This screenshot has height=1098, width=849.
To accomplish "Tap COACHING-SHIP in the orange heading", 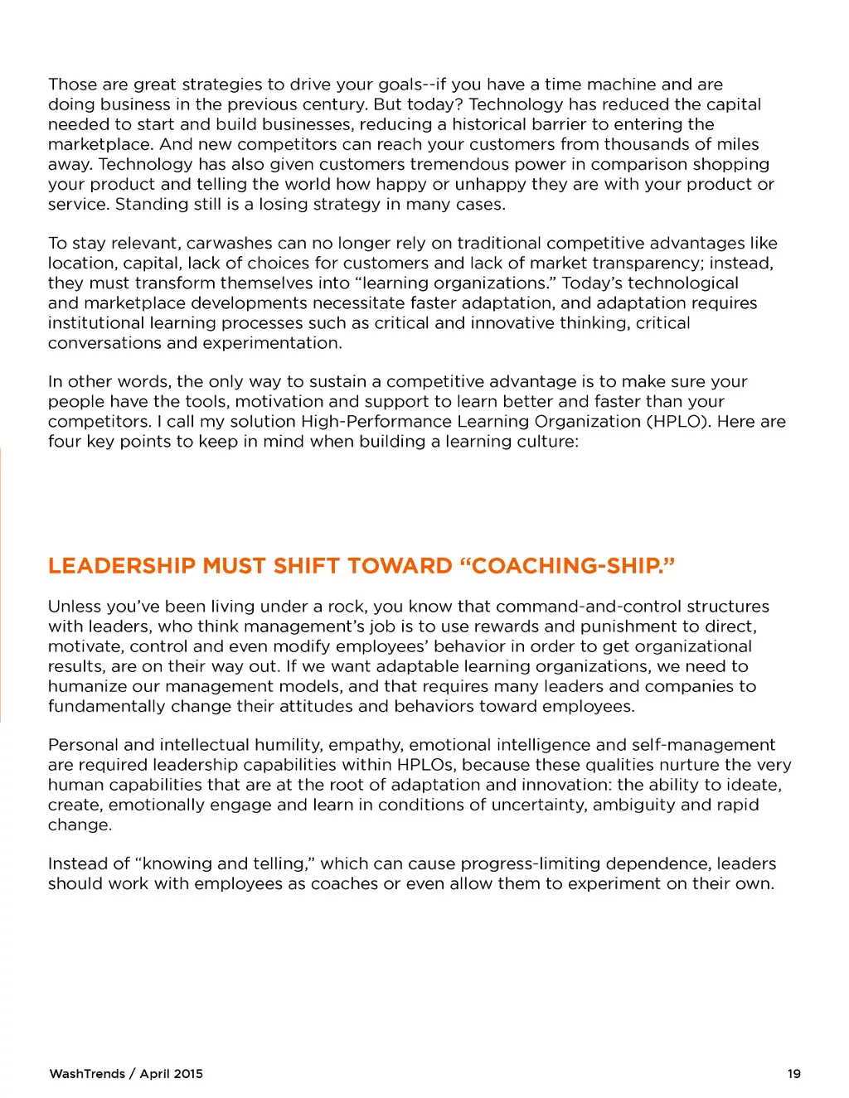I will (566, 566).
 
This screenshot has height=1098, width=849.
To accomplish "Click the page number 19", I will (793, 1074).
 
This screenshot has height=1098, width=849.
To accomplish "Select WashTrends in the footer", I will (87, 1074).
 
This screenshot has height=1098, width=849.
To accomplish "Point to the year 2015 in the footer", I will (188, 1074).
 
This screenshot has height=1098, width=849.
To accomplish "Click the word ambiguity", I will (635, 805).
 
